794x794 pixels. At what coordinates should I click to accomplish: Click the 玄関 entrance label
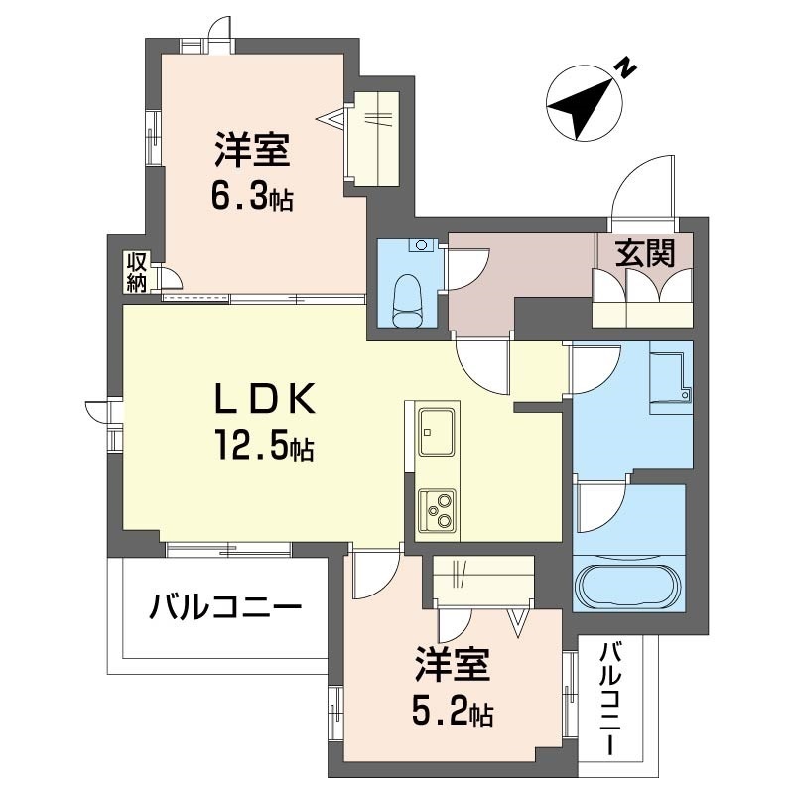643,253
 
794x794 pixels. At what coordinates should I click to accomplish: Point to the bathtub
628,585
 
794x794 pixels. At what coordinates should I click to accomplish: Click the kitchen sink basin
435,428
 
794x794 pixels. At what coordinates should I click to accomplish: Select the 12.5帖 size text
261,449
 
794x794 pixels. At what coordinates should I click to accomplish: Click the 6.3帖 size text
250,196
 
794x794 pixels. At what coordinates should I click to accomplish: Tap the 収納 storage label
137,271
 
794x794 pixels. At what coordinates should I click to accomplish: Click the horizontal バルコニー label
225,605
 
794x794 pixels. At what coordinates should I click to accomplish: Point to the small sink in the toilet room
423,244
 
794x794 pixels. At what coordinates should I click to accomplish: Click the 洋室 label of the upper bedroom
252,153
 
